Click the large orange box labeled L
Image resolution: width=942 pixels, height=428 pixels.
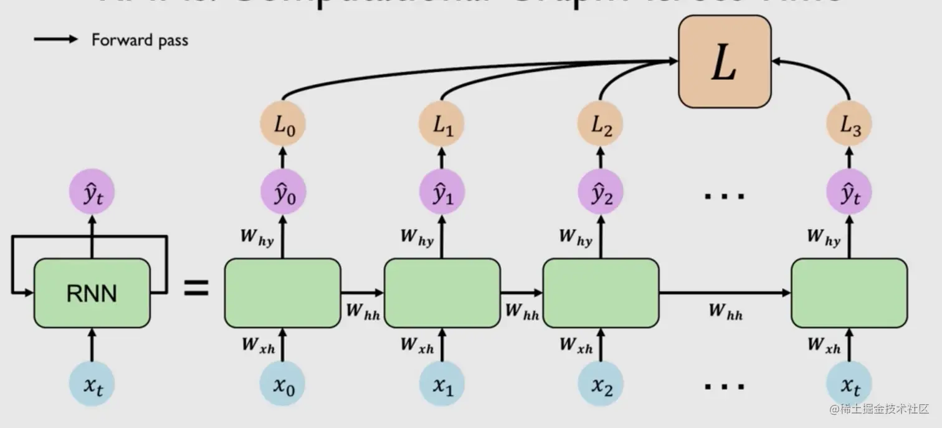click(724, 61)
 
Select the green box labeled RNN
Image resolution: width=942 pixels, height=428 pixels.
click(92, 293)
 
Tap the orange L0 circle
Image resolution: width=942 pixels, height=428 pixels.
click(282, 124)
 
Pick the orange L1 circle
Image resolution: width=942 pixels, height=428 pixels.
click(442, 124)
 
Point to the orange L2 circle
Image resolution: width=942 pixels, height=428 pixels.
click(601, 124)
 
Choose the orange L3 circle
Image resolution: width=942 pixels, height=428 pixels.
click(849, 124)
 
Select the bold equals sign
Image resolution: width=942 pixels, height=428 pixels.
click(196, 289)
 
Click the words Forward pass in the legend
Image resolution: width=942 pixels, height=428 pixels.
click(140, 40)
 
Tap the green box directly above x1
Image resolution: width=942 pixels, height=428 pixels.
click(442, 293)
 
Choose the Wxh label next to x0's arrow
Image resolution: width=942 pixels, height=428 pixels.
click(258, 344)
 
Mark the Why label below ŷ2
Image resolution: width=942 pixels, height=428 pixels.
click(575, 237)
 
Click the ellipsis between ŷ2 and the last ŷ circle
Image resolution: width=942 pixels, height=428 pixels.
click(724, 196)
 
